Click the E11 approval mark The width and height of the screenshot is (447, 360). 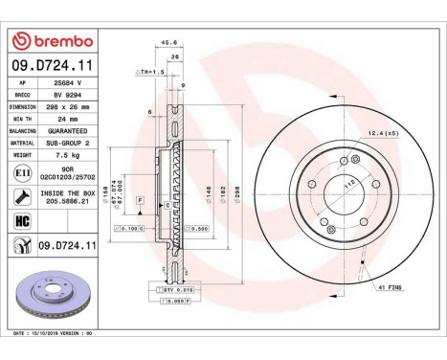(20, 173)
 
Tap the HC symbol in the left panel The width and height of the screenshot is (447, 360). (20, 221)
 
